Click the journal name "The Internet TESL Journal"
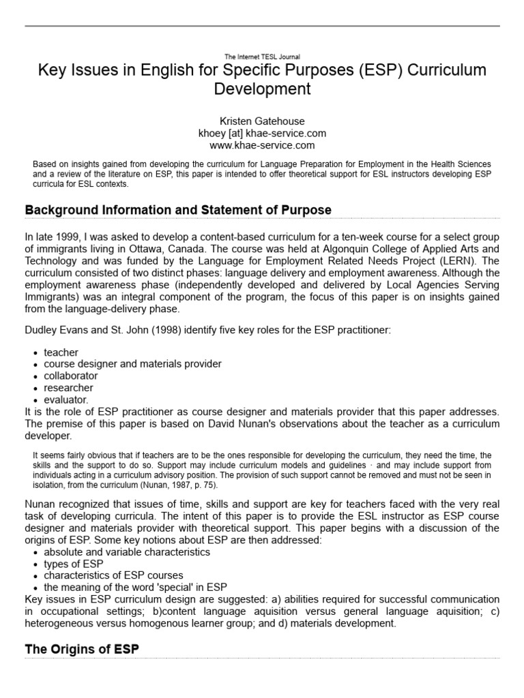pos(262,57)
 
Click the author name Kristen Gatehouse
pos(262,121)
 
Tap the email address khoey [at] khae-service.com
pos(262,133)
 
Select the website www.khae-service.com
pos(262,145)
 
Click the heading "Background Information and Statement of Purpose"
pos(178,210)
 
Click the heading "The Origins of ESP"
pos(82,650)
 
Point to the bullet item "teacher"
pos(61,352)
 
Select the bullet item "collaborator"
pos(70,376)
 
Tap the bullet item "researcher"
pos(68,387)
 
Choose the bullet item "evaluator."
pos(66,399)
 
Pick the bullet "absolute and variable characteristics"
pos(127,552)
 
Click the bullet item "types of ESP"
pos(73,564)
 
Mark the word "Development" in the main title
pos(262,89)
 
